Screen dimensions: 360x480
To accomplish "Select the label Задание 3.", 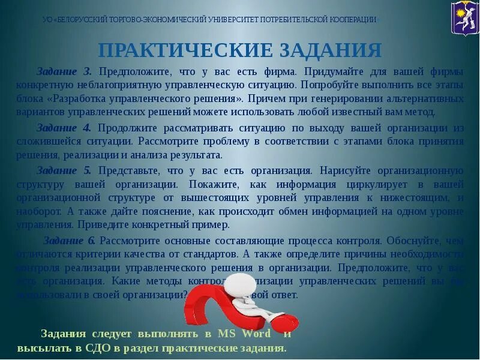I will (x=64, y=71).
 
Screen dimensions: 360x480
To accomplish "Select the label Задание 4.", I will (x=64, y=128).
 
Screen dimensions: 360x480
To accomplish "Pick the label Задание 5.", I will (x=64, y=170).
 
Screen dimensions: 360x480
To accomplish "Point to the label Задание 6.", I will (x=69, y=241).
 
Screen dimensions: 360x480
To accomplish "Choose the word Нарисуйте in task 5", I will (x=350, y=170).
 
